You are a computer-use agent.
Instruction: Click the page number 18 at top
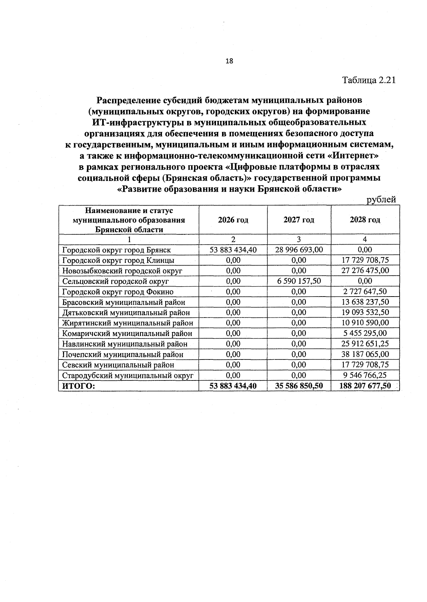click(230, 61)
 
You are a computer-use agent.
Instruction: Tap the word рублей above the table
click(381, 200)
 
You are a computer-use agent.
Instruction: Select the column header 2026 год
click(233, 220)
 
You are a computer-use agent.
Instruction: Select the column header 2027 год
click(299, 220)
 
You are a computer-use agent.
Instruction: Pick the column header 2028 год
click(365, 220)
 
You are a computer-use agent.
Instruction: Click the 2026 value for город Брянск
click(233, 250)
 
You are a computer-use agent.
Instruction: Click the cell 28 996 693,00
click(299, 250)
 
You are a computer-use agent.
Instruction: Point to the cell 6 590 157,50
click(299, 281)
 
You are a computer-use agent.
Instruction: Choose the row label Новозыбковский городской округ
click(122, 271)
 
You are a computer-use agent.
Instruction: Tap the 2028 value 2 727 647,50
click(365, 292)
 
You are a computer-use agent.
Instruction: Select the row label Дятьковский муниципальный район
click(126, 313)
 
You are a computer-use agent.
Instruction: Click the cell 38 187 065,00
click(365, 354)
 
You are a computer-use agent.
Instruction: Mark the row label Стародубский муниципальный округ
click(128, 375)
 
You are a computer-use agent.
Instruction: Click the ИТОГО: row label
click(79, 386)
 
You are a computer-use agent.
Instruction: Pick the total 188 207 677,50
click(365, 386)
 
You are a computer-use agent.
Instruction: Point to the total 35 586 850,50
click(299, 386)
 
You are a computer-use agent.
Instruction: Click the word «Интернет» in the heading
click(352, 156)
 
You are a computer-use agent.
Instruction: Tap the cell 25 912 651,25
click(365, 344)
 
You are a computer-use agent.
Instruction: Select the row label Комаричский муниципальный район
click(127, 334)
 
